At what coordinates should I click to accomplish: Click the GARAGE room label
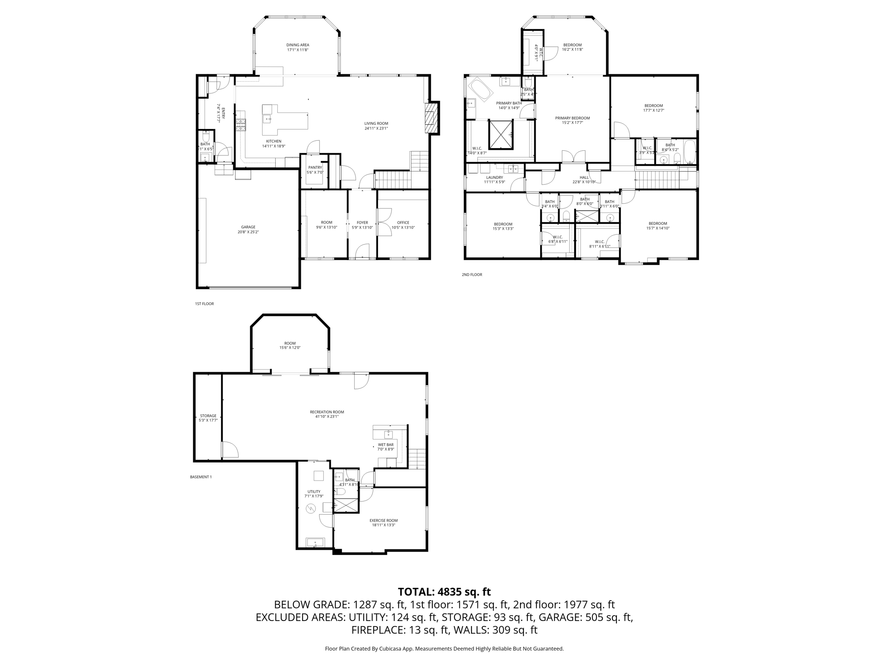pyautogui.click(x=248, y=227)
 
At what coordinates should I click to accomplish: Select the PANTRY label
pyautogui.click(x=315, y=167)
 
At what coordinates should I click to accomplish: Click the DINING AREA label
pyautogui.click(x=297, y=45)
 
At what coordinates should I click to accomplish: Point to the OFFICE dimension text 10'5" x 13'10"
pyautogui.click(x=403, y=228)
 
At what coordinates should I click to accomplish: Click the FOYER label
pyautogui.click(x=362, y=222)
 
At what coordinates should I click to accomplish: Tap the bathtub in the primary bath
pyautogui.click(x=480, y=89)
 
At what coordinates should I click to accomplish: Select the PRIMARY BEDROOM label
pyautogui.click(x=572, y=118)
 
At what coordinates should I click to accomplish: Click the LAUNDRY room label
pyautogui.click(x=494, y=177)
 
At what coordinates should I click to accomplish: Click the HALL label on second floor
pyautogui.click(x=584, y=177)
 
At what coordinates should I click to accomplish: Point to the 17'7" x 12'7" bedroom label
pyautogui.click(x=653, y=106)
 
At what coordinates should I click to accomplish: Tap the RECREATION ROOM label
pyautogui.click(x=326, y=412)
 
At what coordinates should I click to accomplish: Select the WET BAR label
pyautogui.click(x=385, y=445)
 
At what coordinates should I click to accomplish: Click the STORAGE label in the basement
pyautogui.click(x=208, y=416)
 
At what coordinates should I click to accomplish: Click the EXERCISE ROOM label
pyautogui.click(x=383, y=520)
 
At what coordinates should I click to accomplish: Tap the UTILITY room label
pyautogui.click(x=314, y=492)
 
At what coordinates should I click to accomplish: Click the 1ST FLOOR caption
pyautogui.click(x=204, y=304)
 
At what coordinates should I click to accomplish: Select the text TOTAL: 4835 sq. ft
pyautogui.click(x=444, y=592)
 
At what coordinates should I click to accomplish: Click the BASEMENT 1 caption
pyautogui.click(x=201, y=477)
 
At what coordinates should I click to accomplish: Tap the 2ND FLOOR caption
pyautogui.click(x=471, y=274)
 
